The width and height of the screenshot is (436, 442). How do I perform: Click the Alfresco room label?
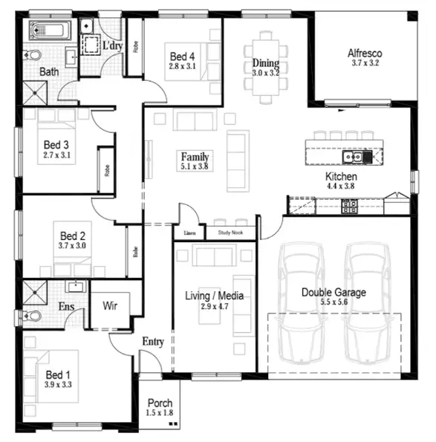click(x=365, y=53)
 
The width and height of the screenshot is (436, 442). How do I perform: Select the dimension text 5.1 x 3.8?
click(x=195, y=167)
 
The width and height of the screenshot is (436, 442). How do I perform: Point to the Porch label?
click(x=160, y=403)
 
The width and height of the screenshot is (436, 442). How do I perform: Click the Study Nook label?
click(x=230, y=233)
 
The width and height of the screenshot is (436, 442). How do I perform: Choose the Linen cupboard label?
click(x=189, y=233)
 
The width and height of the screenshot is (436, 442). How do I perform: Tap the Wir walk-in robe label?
click(x=110, y=305)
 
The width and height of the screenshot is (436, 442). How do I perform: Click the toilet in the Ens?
click(x=31, y=316)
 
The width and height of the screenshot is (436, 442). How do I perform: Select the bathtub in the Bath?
click(x=50, y=32)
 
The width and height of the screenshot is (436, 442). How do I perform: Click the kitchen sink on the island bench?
click(x=352, y=157)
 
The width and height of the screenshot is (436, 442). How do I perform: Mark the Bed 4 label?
click(x=182, y=56)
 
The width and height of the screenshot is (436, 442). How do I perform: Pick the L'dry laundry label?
click(x=111, y=45)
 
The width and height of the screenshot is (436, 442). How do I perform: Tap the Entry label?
click(x=152, y=341)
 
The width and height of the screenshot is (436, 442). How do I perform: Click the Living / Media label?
click(x=215, y=296)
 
